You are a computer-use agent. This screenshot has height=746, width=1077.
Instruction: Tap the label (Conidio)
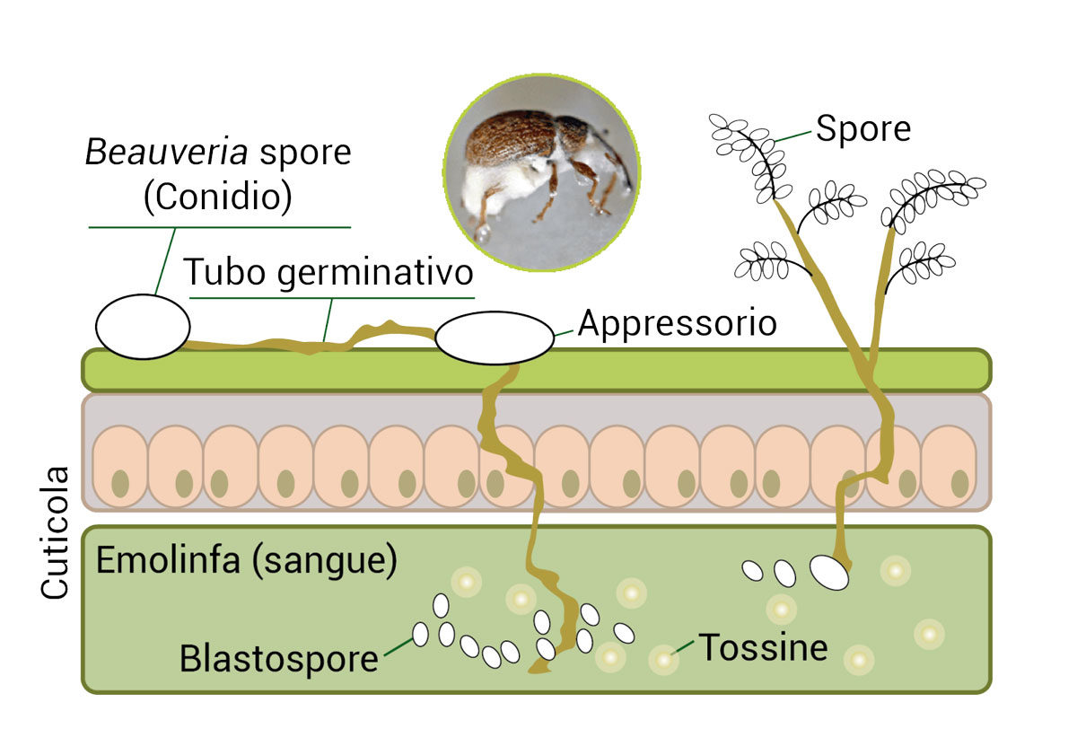218,198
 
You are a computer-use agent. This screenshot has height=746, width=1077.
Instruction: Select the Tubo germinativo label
328,272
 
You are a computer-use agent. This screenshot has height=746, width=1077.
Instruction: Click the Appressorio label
677,322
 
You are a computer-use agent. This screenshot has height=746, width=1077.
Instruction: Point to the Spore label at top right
862,129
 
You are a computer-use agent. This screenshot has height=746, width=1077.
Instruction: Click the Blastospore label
278,659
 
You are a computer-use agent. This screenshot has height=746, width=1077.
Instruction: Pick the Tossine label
763,646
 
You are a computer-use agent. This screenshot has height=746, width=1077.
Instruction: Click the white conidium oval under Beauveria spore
143,326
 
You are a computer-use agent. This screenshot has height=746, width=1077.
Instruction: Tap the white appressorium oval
495,338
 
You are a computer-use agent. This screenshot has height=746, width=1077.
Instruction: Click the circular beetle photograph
541,173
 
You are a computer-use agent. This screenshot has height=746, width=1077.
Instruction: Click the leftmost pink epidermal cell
119,466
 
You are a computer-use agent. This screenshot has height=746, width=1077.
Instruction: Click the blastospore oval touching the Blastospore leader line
420,635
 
